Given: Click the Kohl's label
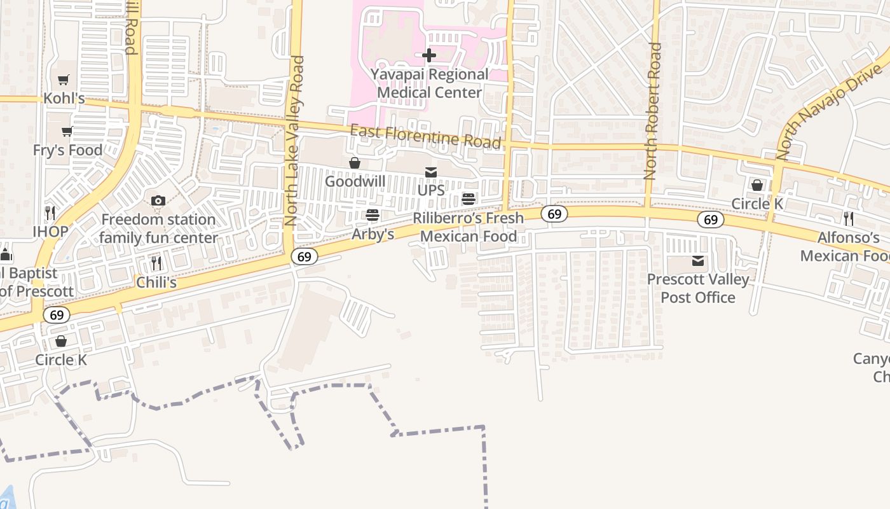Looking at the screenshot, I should [x=64, y=99].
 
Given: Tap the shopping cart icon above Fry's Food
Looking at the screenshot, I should [x=67, y=132].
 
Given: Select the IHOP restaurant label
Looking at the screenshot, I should [x=50, y=231].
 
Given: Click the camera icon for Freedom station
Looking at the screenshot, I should [x=158, y=201].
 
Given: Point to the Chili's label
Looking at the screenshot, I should [x=156, y=282].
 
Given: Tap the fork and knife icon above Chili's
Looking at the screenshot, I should [x=156, y=263].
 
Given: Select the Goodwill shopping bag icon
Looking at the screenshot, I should [x=355, y=164].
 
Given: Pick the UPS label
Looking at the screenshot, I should [x=431, y=190].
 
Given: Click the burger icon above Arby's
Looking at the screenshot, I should [x=373, y=215].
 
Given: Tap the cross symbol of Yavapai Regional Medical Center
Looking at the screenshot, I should [x=429, y=55].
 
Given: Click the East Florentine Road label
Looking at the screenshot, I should [x=426, y=136].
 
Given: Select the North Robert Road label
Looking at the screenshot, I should [x=652, y=111].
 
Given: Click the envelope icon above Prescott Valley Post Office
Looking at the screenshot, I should [x=698, y=261].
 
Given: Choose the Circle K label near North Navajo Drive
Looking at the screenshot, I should [x=756, y=204].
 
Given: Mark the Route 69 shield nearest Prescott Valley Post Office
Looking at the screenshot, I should [x=710, y=220].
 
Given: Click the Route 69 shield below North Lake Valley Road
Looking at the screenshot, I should [x=305, y=256].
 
